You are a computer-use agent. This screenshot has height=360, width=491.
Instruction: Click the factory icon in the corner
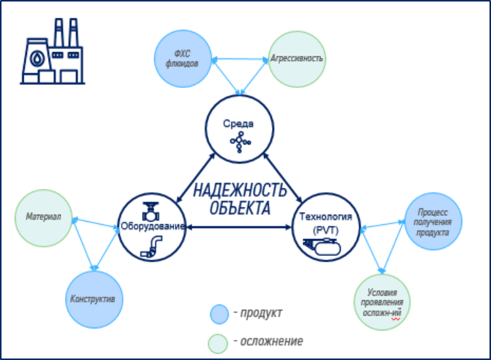tap(49, 54)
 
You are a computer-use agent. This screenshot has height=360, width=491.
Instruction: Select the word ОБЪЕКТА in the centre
tap(240, 208)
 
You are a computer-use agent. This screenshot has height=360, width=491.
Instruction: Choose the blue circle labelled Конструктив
tap(92, 300)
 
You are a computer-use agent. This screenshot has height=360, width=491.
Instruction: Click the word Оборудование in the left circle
tap(152, 226)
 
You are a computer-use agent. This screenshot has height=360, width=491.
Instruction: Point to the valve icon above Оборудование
tap(151, 206)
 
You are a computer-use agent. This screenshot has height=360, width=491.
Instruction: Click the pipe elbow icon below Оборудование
tap(152, 246)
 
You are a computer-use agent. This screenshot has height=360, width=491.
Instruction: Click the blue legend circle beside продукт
tap(218, 312)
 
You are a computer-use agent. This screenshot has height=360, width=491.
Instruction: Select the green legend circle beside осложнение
tap(218, 341)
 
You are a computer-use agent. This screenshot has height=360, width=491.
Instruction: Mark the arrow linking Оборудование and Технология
tap(239, 226)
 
